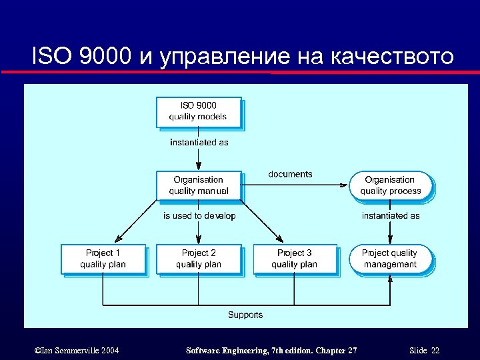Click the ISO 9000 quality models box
click(x=198, y=111)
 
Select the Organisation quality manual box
click(x=198, y=185)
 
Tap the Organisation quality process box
click(x=391, y=185)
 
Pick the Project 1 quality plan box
click(x=103, y=259)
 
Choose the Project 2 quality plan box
click(x=198, y=259)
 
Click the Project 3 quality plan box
click(x=294, y=259)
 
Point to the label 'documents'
click(x=290, y=174)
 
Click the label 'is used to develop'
click(x=199, y=216)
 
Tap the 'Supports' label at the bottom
click(x=245, y=315)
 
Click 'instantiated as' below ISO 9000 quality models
click(x=199, y=142)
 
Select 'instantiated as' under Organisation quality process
click(x=391, y=216)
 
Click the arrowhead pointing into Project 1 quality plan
click(x=118, y=241)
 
